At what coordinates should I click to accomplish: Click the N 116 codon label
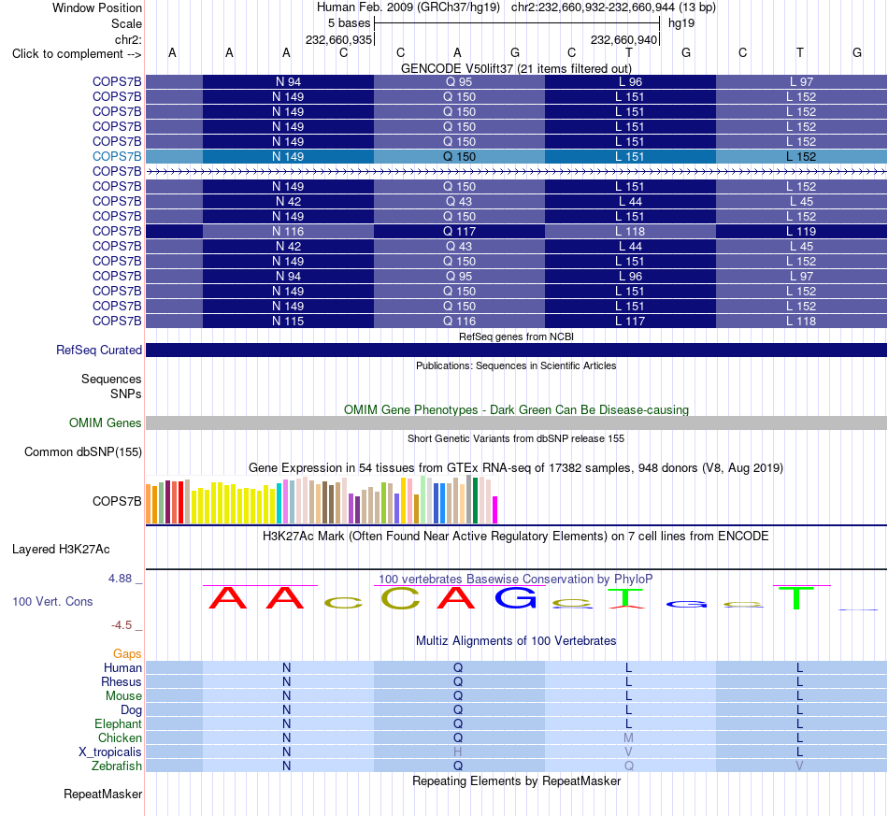[288, 232]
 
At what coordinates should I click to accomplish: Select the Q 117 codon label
[459, 232]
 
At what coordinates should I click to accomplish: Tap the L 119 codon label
[801, 232]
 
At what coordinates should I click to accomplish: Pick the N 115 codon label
[288, 322]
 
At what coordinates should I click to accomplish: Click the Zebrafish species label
[117, 766]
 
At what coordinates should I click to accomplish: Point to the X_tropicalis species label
[110, 752]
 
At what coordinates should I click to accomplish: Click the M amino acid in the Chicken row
[629, 737]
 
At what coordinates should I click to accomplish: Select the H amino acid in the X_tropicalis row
[458, 752]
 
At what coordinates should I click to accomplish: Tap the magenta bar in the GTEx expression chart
[495, 509]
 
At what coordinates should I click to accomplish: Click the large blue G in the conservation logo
[515, 597]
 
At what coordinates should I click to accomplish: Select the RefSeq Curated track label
[99, 350]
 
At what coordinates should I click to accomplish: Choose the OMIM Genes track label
[106, 423]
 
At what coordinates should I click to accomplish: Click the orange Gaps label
[127, 654]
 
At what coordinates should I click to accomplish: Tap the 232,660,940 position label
[623, 39]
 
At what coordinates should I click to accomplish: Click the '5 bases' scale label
[349, 23]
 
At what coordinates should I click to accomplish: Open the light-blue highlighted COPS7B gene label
[117, 156]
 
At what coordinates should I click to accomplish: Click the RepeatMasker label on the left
[103, 794]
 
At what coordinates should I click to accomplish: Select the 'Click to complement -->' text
[77, 54]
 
